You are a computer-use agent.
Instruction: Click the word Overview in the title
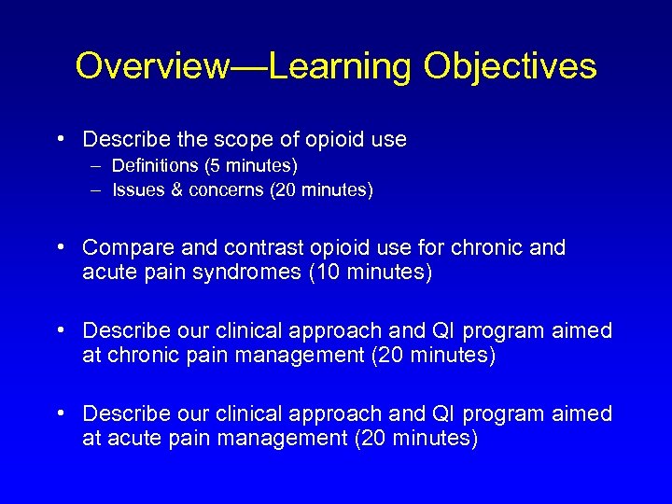[151, 66]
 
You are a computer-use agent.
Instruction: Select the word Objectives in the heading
[510, 66]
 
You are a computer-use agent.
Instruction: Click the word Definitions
[156, 166]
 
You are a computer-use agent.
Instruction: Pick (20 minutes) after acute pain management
[417, 438]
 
